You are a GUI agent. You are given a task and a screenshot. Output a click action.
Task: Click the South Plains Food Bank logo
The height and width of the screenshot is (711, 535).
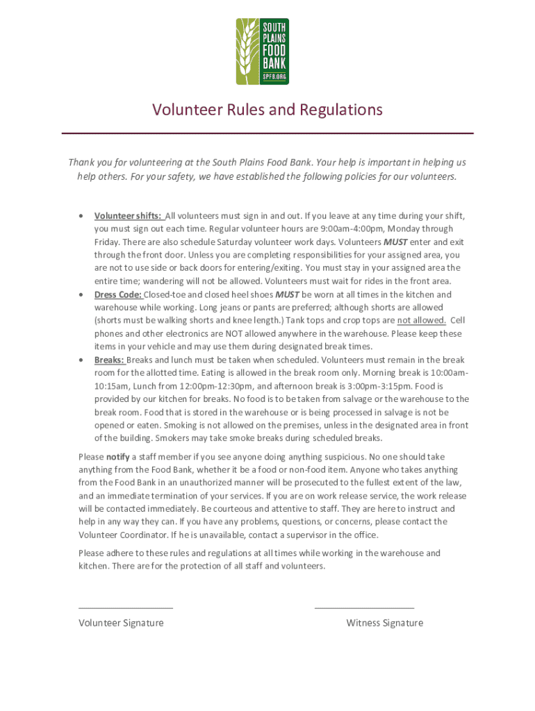click(x=262, y=51)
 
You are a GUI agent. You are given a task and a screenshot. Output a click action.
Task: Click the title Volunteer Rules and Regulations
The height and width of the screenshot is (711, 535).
click(x=267, y=110)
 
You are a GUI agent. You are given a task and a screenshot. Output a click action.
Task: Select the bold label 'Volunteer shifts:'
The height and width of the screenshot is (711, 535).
click(x=129, y=216)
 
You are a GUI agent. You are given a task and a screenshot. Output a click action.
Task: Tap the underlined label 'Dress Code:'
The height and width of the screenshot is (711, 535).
click(x=118, y=294)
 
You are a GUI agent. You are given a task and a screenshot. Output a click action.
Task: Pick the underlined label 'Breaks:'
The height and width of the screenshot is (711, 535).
click(x=110, y=360)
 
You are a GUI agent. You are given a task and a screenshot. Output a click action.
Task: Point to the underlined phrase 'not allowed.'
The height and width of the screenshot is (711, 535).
click(x=422, y=320)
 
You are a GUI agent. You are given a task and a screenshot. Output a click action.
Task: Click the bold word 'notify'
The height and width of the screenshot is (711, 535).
click(x=115, y=457)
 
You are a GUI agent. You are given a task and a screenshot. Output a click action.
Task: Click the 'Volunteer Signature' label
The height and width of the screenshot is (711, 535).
click(x=121, y=623)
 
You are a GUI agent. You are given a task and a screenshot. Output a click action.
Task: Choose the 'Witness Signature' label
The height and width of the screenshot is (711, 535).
click(x=384, y=623)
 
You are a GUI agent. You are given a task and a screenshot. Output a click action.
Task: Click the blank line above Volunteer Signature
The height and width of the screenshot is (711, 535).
click(x=126, y=608)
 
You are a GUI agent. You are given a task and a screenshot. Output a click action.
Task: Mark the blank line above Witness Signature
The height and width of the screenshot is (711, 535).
click(x=364, y=608)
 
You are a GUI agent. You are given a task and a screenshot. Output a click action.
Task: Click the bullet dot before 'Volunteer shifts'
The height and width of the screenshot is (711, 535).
click(x=82, y=216)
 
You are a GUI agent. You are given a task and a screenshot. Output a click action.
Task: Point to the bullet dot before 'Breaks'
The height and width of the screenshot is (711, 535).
click(x=82, y=360)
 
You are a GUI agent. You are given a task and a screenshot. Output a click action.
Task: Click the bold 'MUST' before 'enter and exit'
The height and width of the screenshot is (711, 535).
click(x=395, y=242)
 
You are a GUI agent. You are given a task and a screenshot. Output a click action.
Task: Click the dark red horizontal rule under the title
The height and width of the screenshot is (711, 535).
click(x=267, y=133)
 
